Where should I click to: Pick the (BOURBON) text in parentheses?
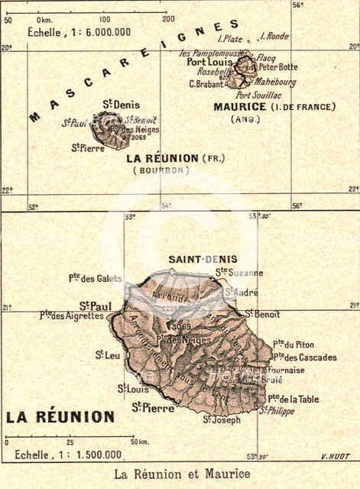tap(161, 170)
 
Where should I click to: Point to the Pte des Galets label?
tap(94, 278)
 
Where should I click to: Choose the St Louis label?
tap(133, 388)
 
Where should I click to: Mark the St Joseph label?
tap(221, 419)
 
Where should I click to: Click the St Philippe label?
tap(276, 411)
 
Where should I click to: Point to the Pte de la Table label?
tap(294, 398)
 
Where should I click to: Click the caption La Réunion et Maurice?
tap(181, 474)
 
